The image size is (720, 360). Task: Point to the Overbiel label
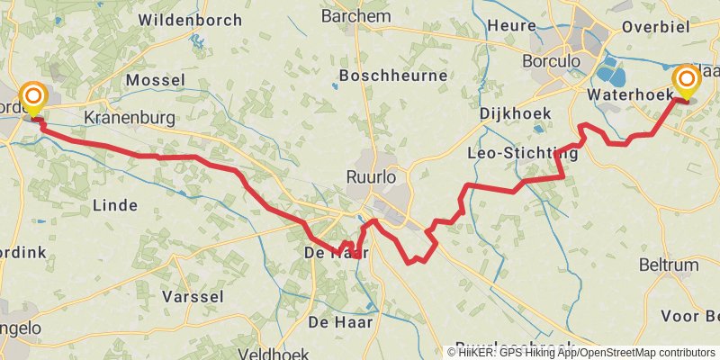coord(655,26)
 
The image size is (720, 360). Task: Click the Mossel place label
coord(155,81)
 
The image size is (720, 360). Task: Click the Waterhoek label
coord(625,94)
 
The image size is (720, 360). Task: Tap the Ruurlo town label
coord(371,178)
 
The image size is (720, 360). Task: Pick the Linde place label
coord(115,205)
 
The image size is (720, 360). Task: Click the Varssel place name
coord(193,296)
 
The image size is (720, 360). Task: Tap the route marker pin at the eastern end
coord(687,82)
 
